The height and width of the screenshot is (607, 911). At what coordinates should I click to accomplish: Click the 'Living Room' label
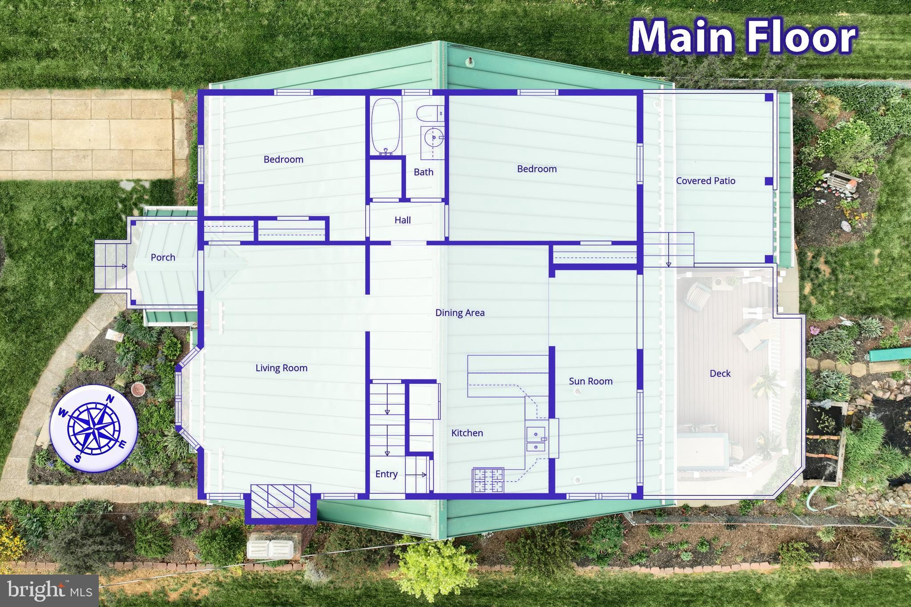point(281,368)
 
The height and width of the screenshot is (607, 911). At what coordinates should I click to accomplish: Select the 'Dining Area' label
point(460,313)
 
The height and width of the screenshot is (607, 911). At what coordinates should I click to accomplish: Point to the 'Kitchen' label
point(467,433)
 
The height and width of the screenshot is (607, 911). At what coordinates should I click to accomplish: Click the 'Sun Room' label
point(591,381)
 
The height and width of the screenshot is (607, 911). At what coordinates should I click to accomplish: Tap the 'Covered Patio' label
point(705,181)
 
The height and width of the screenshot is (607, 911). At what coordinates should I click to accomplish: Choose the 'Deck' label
point(720,374)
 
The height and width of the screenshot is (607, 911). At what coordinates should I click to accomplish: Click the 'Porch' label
point(163,257)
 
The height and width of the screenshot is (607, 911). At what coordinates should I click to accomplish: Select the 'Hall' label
point(403,220)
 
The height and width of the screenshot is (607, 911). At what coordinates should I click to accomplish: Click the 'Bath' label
point(423,172)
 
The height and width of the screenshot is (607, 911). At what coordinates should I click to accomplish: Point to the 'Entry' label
point(386,474)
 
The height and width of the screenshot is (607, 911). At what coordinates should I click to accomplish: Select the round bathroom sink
point(432,137)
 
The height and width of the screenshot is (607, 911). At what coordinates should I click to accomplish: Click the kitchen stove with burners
point(488,480)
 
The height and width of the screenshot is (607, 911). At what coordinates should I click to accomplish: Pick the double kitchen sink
point(536,439)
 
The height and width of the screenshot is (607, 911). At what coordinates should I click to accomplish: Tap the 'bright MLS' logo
point(49,591)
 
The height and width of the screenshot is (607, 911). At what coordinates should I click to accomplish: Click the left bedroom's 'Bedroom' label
point(283,159)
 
